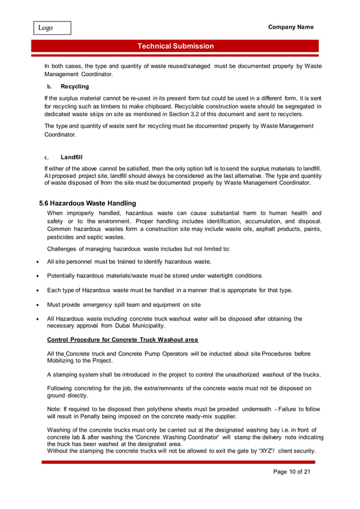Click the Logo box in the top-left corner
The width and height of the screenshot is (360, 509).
point(51,28)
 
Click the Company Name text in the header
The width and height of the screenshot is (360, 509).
point(291,27)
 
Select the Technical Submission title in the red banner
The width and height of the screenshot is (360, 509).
point(175,46)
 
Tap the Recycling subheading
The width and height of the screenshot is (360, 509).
point(74,87)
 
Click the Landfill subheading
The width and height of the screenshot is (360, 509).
point(72,157)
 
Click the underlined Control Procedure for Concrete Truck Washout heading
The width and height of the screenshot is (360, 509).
point(122,340)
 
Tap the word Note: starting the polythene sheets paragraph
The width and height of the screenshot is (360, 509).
point(55,409)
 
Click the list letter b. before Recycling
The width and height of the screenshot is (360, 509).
point(49,87)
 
